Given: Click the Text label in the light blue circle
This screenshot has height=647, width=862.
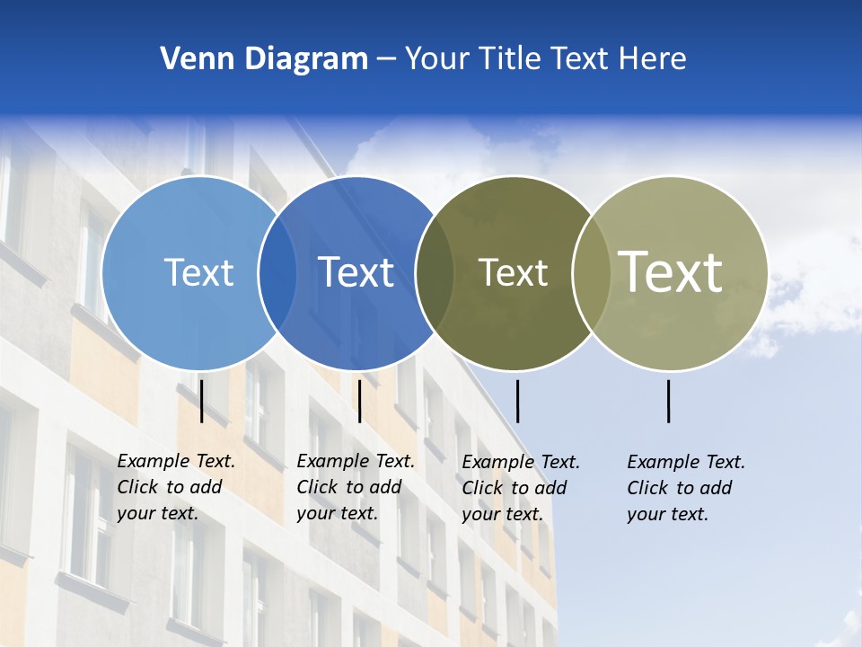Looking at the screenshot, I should tap(198, 272).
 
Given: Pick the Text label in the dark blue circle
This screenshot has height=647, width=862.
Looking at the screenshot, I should tap(356, 272).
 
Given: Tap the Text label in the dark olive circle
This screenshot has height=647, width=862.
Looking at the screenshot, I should tap(513, 272).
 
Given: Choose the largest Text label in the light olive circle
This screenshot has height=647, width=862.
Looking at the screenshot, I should tap(670, 271).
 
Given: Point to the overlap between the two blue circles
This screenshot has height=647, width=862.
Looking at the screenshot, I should tap(277, 273).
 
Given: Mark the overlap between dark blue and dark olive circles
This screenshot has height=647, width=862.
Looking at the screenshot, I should tap(435, 273).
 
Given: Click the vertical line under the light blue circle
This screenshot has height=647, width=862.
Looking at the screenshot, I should tap(202, 401).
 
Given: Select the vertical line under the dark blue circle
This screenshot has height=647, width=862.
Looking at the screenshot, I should tap(359, 401).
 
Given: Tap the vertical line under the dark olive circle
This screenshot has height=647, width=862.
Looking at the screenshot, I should tap(517, 401).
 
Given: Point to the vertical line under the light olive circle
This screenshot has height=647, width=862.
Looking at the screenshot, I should tap(669, 401).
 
